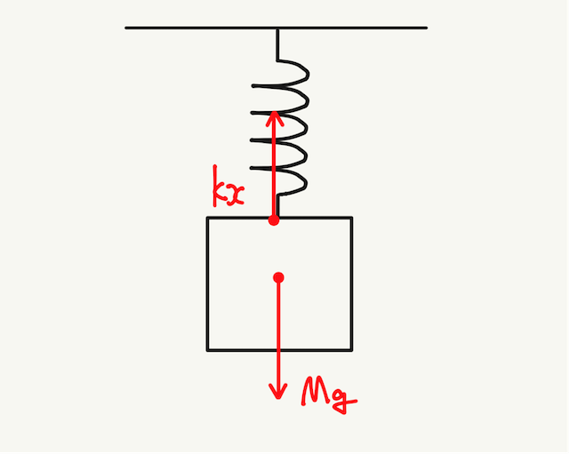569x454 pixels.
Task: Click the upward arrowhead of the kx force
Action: (275, 115)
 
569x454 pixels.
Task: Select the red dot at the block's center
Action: (279, 278)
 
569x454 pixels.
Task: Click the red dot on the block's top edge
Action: (275, 219)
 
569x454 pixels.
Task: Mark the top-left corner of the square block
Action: (208, 219)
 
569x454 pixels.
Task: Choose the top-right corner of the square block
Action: (352, 219)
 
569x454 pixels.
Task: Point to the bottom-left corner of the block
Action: (208, 349)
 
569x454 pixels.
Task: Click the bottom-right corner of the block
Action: (352, 349)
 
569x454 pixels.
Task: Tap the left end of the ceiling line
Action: (126, 28)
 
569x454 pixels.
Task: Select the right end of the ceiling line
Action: (427, 28)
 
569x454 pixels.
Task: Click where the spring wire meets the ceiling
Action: (277, 28)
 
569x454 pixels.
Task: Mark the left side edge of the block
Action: (208, 284)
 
